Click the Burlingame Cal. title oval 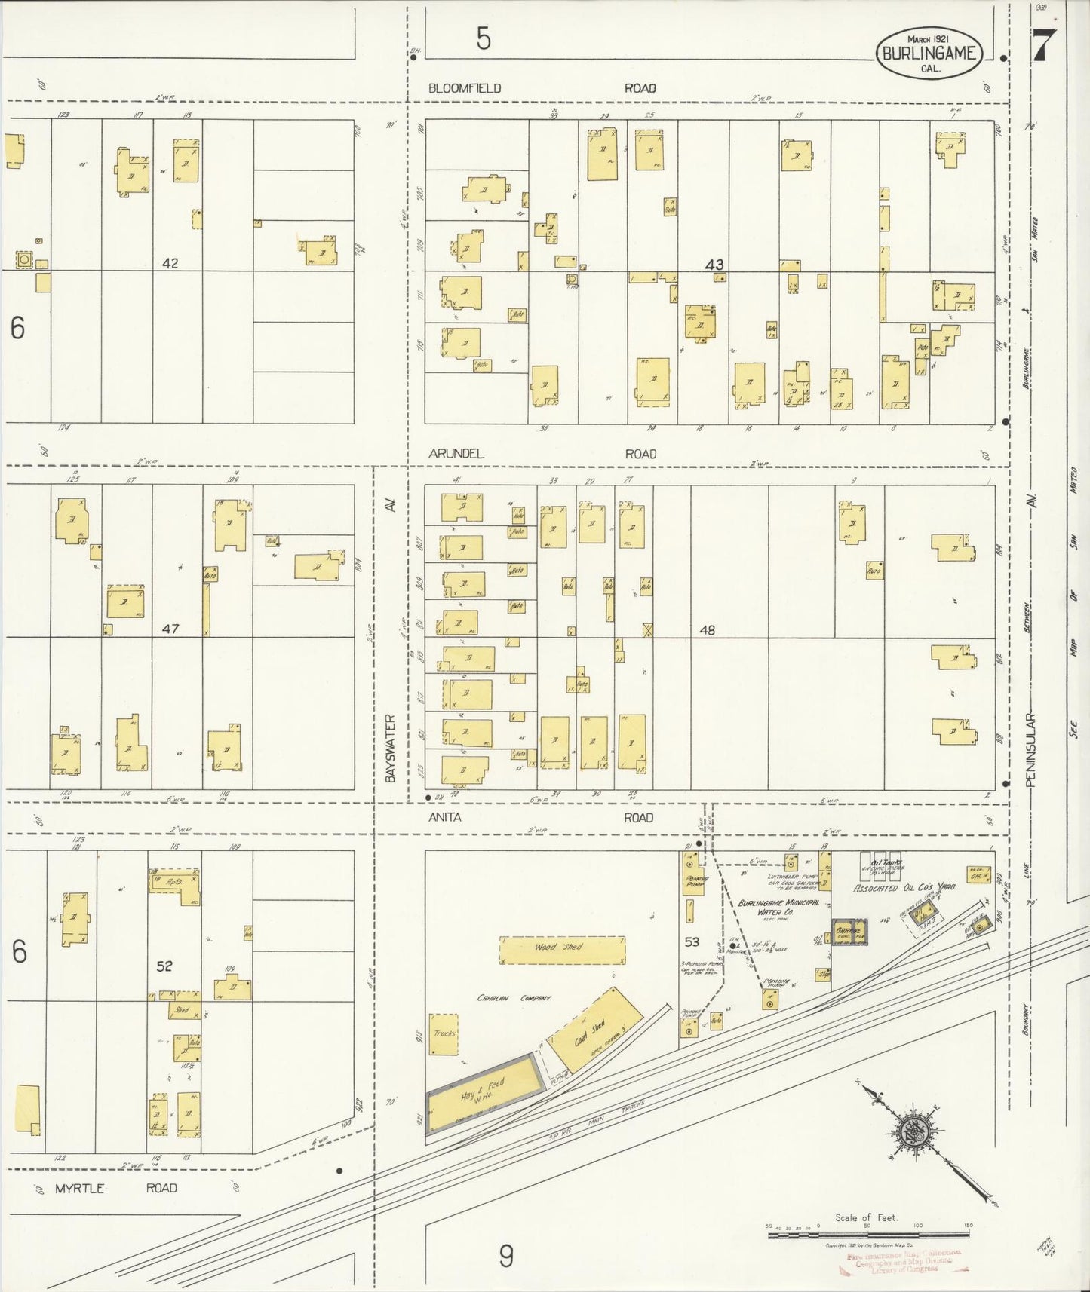tap(928, 53)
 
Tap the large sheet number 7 tap(1044, 46)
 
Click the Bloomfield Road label tap(465, 88)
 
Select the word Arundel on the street tap(456, 454)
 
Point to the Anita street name tap(445, 817)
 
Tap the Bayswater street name tap(390, 747)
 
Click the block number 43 tap(714, 265)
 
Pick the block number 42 tap(170, 263)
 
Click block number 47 tap(170, 628)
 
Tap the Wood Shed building tap(562, 950)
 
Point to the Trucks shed tap(444, 1033)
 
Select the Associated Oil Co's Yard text tap(904, 888)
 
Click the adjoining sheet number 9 tap(505, 1256)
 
